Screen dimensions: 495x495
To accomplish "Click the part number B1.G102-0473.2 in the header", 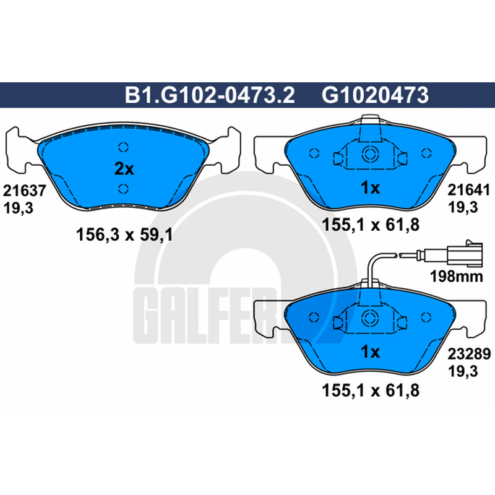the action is tap(210, 95).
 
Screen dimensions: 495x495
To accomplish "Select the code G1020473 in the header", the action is tap(375, 95).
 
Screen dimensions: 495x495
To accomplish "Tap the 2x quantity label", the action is tap(124, 169).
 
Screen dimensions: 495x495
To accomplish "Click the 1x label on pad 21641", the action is tap(370, 188).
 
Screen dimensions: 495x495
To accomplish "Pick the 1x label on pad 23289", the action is tap(370, 351).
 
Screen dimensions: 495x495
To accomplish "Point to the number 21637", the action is tap(25, 191).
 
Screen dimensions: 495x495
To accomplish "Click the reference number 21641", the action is tap(469, 191).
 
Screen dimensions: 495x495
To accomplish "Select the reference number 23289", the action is tap(469, 354).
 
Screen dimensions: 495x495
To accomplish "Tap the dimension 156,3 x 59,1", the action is tap(125, 235).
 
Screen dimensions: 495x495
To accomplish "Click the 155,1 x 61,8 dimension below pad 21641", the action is tap(371, 225).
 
